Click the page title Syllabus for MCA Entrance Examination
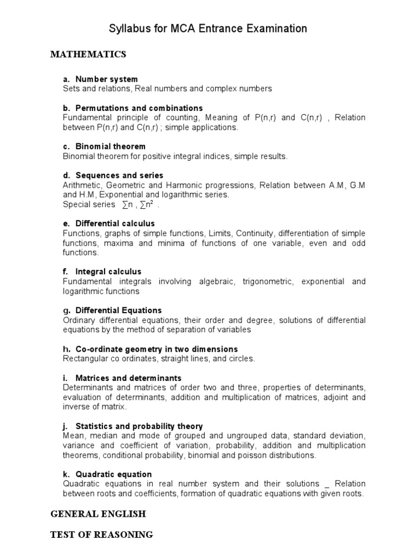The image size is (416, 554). [208, 29]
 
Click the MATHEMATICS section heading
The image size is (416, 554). [88, 54]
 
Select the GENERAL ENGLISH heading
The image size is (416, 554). [98, 513]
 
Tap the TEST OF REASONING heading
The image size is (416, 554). [102, 535]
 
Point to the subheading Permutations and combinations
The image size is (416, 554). [139, 108]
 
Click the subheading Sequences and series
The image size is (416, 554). [119, 175]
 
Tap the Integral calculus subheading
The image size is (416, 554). [108, 272]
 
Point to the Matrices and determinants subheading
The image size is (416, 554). [128, 378]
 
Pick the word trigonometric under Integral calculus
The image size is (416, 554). [266, 281]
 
